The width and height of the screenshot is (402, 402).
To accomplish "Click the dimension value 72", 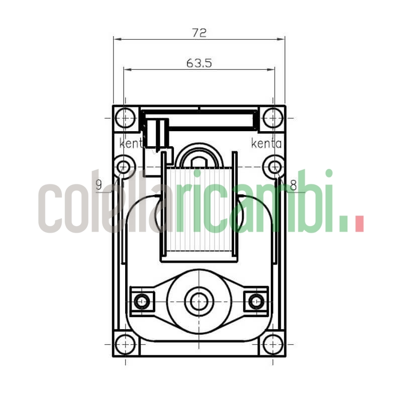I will (x=199, y=33).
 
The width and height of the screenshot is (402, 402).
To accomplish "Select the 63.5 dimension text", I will (x=199, y=63).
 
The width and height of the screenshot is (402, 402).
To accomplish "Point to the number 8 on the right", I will (x=293, y=185).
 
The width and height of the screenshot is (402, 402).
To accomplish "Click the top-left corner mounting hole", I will (x=125, y=118).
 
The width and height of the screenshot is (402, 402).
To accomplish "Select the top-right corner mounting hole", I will (x=273, y=118).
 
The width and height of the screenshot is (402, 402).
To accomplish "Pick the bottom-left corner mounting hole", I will (x=125, y=344).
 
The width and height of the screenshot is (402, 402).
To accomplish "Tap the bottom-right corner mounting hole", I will (x=273, y=344).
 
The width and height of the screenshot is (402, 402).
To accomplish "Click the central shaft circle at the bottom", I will (x=199, y=301).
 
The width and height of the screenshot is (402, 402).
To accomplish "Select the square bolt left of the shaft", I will (x=142, y=301).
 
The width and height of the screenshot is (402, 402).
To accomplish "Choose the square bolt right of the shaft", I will (x=256, y=301).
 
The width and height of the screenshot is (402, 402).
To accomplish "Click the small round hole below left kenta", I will (x=124, y=166).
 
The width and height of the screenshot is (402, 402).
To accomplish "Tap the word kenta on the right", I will (x=266, y=144).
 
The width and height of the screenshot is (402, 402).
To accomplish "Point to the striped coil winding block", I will (x=199, y=211).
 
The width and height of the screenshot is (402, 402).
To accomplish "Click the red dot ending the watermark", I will (x=359, y=224).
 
